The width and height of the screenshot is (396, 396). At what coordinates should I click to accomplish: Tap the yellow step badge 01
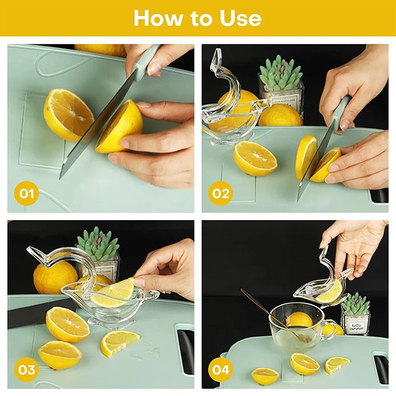pos(27,193)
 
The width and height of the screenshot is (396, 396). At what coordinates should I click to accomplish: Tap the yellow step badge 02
pos(221,193)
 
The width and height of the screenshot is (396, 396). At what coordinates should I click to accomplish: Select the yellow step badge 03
pos(27,369)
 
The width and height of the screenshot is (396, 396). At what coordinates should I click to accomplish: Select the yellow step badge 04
pos(221,369)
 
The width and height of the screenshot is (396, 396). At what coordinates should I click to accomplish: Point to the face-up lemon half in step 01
pos(68,115)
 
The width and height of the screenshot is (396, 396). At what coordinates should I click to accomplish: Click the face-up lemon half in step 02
pos(255,158)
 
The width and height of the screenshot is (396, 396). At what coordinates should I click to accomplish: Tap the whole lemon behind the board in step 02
pos(280,116)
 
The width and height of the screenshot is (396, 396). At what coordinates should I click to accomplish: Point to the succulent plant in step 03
pos(98,244)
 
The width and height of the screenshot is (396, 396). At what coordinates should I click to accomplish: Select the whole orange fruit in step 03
pos(55,276)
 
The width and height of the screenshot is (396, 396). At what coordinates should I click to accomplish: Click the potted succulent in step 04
pos(355,313)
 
